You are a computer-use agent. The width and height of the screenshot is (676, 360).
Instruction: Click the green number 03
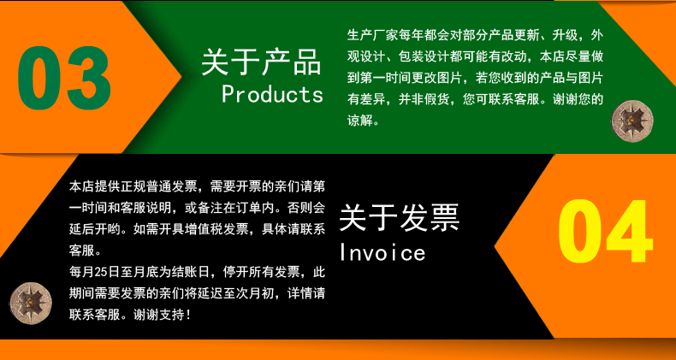click(x=64, y=78)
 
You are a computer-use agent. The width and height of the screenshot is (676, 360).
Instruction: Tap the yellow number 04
click(x=605, y=231)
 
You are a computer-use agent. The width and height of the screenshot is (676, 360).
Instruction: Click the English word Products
click(x=272, y=94)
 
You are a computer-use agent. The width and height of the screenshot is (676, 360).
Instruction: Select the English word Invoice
click(x=382, y=252)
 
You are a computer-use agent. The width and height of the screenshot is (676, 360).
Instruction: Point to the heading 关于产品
click(x=261, y=62)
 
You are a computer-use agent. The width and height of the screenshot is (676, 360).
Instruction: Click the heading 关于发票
click(x=400, y=218)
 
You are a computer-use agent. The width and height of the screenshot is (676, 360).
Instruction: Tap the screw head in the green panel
click(x=632, y=120)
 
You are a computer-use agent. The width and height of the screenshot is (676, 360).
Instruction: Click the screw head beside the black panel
click(x=31, y=304)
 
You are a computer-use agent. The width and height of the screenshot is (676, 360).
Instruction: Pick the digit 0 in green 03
click(x=39, y=78)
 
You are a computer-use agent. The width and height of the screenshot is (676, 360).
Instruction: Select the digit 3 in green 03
click(x=89, y=78)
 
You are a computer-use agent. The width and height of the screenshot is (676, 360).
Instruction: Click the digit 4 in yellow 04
click(x=630, y=231)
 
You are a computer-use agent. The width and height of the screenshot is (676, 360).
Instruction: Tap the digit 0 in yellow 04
click(x=580, y=231)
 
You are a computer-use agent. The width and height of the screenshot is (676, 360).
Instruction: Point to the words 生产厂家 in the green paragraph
click(x=369, y=35)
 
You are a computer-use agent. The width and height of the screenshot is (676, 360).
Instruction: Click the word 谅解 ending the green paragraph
click(x=359, y=121)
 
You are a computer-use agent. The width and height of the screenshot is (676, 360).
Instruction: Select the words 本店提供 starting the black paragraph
click(x=91, y=187)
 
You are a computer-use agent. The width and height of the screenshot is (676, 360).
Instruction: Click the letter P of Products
click(x=228, y=94)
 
